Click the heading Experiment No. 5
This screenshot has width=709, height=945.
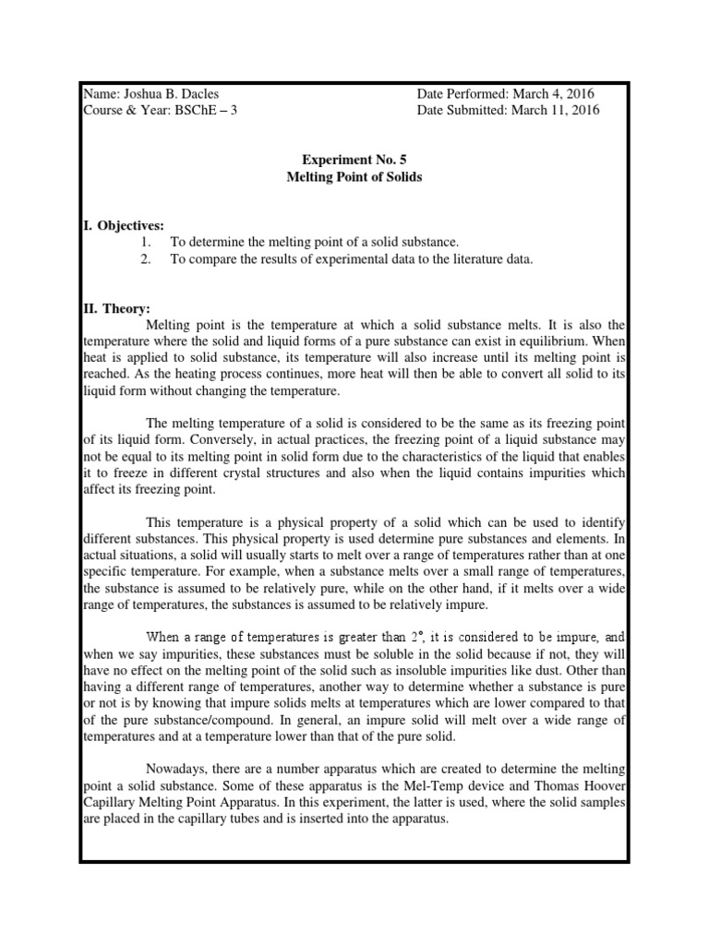[354, 159]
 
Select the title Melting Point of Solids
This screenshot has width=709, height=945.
[354, 176]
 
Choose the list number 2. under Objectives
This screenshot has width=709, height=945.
[146, 259]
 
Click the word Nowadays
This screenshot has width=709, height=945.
[177, 769]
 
